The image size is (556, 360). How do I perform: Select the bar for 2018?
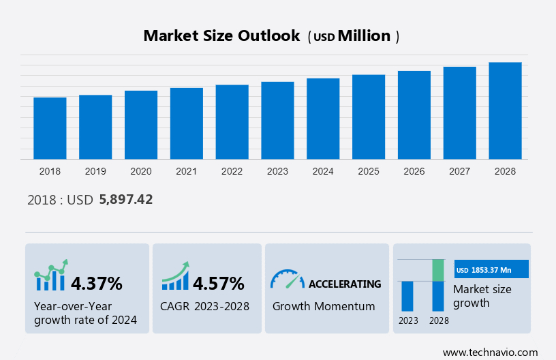(x=50, y=128)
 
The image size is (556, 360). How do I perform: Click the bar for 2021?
(x=187, y=123)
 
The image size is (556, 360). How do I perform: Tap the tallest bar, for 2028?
(x=505, y=110)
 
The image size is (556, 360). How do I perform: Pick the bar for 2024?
(x=323, y=119)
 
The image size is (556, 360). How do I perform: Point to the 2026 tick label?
(x=414, y=171)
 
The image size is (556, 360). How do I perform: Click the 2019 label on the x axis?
(x=95, y=171)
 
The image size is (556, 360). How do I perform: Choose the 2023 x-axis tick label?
(x=277, y=171)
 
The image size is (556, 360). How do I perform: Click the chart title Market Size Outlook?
(x=221, y=36)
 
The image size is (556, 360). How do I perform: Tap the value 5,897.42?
(x=126, y=200)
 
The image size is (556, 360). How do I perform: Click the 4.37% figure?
(x=97, y=283)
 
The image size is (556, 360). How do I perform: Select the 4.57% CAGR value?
(x=218, y=283)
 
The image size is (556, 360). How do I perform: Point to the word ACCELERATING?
(x=345, y=284)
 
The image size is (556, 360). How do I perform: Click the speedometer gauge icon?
(x=287, y=279)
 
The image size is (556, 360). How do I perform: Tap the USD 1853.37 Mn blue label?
(x=491, y=270)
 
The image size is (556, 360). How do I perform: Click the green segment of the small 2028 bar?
(x=438, y=270)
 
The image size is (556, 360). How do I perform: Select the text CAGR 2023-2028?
(x=204, y=306)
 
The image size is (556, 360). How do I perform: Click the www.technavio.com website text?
(x=490, y=352)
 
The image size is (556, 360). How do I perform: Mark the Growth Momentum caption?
(x=324, y=306)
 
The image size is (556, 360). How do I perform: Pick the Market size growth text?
(x=482, y=296)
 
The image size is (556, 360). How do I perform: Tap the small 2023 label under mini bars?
(x=408, y=320)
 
